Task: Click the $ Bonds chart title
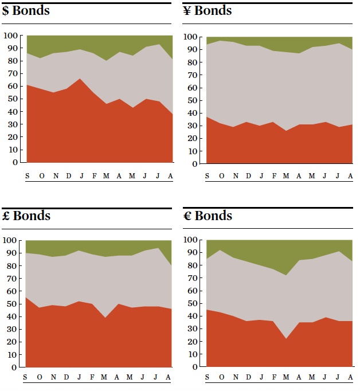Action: [26, 11]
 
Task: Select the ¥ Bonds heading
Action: [207, 11]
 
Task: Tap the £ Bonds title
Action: [26, 216]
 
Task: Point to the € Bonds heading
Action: [207, 216]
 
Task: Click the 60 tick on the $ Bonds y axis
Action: [11, 86]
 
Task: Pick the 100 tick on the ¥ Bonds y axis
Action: [191, 37]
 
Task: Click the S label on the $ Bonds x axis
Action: [27, 175]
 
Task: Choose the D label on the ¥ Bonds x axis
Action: [248, 175]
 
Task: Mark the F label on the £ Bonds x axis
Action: [92, 377]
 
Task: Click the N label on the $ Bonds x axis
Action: [56, 175]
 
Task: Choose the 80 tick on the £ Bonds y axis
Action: [11, 266]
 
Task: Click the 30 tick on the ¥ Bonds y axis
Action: [193, 126]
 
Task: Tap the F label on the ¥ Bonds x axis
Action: [274, 175]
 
